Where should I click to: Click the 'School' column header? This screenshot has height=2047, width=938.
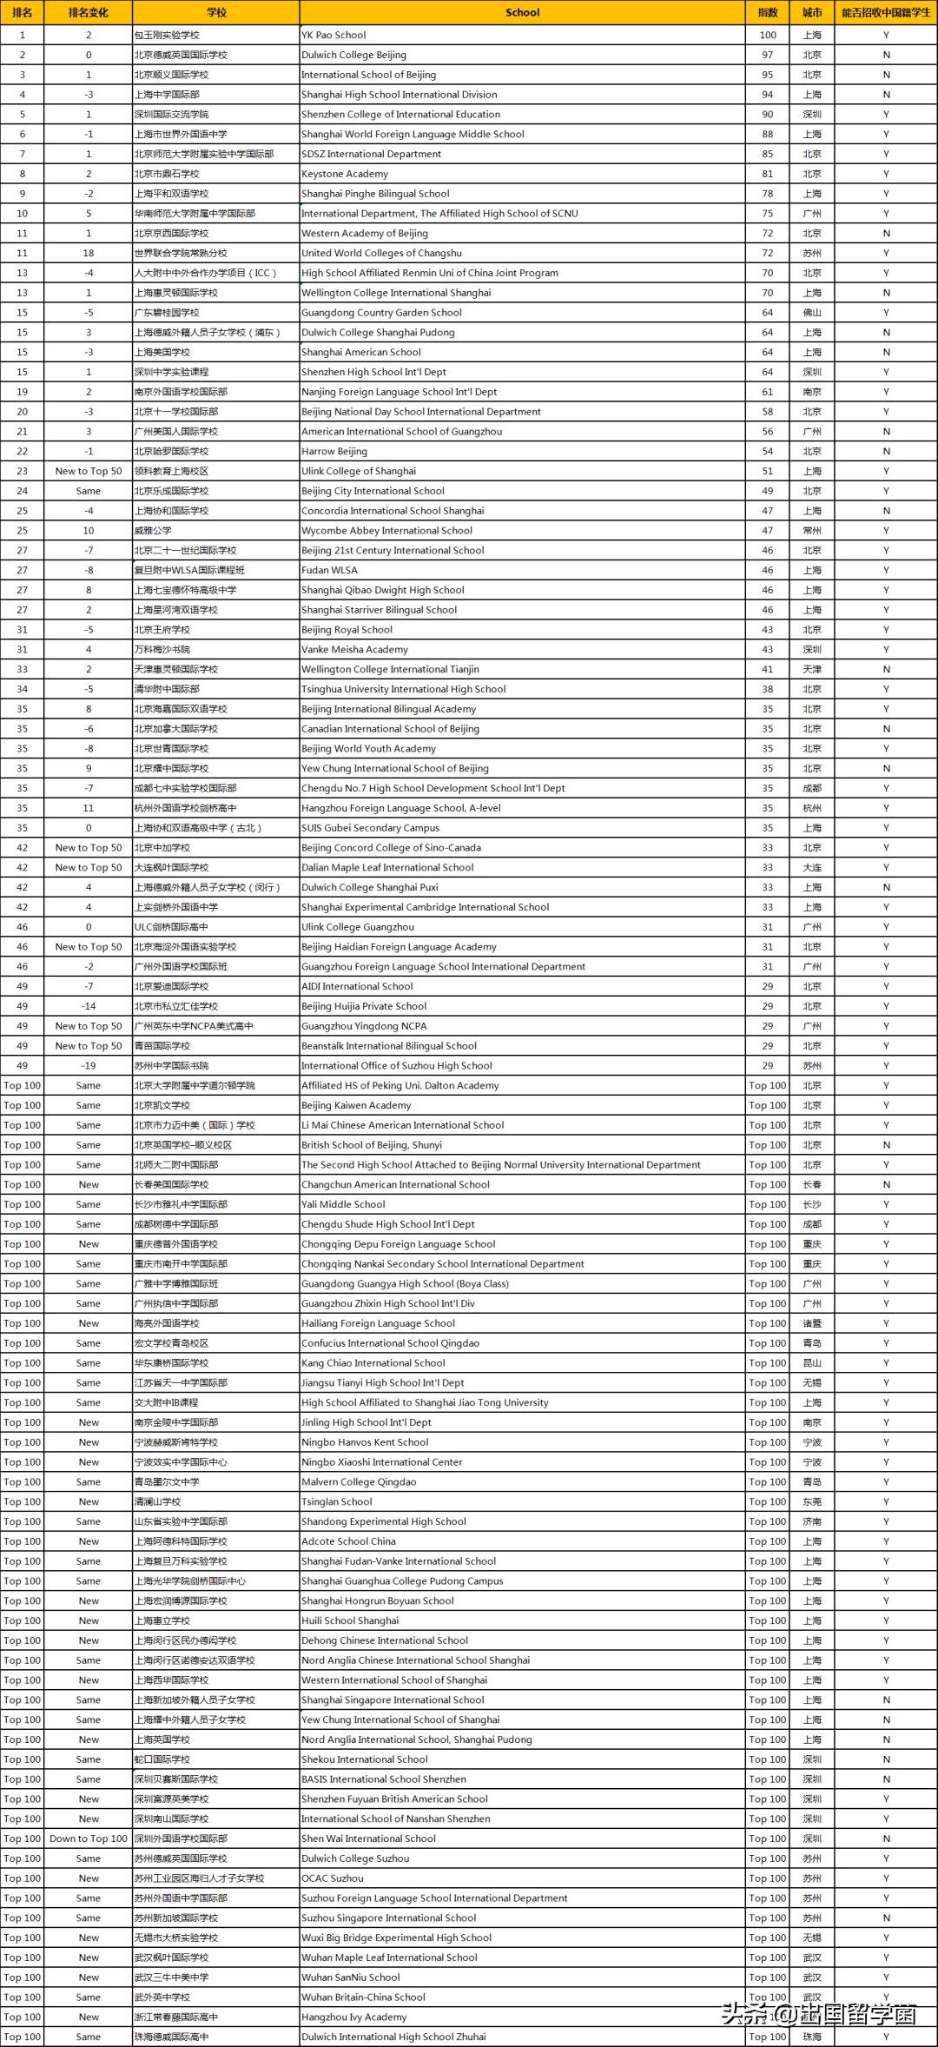522,13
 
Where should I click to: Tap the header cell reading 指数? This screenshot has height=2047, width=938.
768,13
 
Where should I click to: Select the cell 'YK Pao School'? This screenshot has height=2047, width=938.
334,36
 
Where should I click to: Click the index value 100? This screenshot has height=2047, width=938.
768,36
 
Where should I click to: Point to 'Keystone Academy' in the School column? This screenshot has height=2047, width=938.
345,174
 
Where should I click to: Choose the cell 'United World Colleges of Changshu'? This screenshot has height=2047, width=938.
381,253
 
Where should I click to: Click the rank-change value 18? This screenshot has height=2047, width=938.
89,253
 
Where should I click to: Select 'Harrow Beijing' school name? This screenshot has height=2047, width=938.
334,452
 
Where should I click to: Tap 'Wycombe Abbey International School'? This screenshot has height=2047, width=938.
386,531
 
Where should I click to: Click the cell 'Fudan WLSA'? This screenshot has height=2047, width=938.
328,571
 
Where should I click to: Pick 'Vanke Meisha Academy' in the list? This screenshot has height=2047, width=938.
354,650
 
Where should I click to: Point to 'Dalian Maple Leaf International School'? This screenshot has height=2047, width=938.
387,868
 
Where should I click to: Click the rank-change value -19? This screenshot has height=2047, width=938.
89,1066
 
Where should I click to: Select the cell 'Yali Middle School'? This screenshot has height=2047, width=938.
343,1205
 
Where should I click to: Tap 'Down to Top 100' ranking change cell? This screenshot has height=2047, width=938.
89,1839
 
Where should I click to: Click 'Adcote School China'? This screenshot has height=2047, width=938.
348,1541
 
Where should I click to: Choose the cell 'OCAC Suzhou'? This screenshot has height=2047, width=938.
333,1878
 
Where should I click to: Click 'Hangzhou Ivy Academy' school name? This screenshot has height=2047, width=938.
353,2017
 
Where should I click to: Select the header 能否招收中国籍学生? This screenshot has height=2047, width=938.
886,13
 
